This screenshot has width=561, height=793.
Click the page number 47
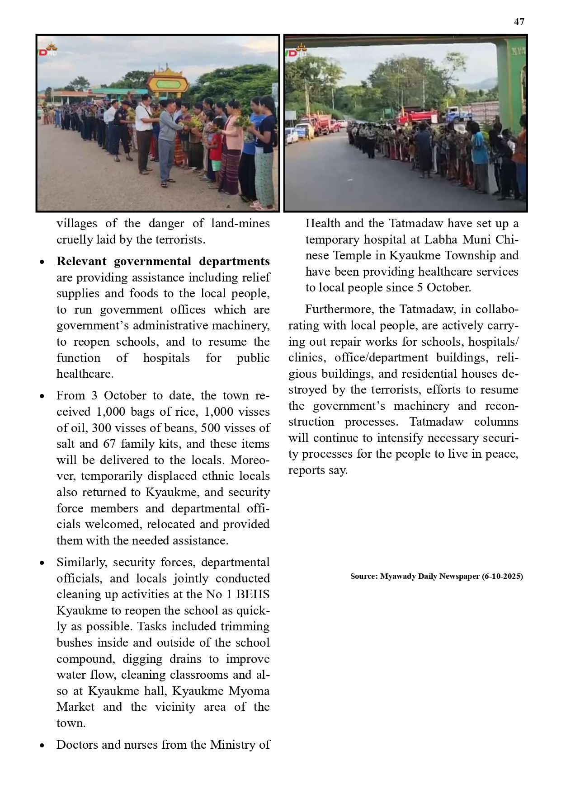coord(519,22)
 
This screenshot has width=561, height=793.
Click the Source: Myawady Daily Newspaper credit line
coord(436,577)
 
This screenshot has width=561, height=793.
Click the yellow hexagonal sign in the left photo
coord(168,84)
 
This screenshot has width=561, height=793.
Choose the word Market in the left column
coord(75,707)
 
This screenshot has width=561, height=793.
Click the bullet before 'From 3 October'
coord(42,396)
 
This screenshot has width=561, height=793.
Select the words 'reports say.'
coord(318,470)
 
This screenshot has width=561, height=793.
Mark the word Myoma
coord(249,691)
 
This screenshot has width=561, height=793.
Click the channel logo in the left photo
coord(48,50)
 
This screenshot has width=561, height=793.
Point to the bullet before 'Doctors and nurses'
coord(42,746)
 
